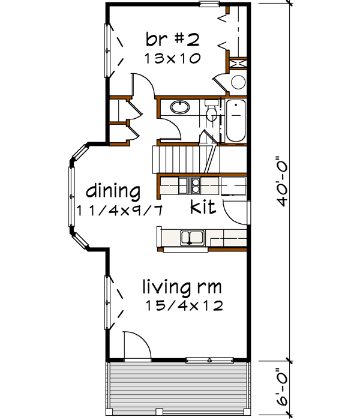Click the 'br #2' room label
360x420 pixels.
click(x=172, y=40)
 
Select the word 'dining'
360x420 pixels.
click(x=113, y=192)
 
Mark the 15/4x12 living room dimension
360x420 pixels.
click(x=184, y=305)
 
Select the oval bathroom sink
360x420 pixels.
click(x=179, y=108)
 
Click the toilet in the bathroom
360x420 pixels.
click(x=211, y=112)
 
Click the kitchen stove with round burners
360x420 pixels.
click(x=196, y=184)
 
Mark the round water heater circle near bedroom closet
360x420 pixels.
click(x=238, y=83)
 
